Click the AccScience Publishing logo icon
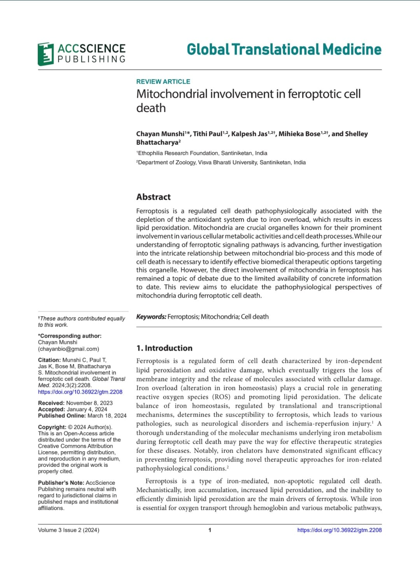(x=45, y=54)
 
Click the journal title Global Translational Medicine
(x=284, y=49)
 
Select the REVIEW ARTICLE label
(x=163, y=82)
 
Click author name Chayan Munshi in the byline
(x=160, y=134)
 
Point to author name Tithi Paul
(x=208, y=134)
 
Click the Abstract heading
(x=153, y=197)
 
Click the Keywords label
(x=151, y=317)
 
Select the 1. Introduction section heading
(x=164, y=348)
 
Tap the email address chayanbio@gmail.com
(x=68, y=349)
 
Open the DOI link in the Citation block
(x=80, y=392)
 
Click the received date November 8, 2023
(x=89, y=403)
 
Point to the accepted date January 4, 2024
(x=87, y=409)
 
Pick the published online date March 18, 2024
(x=107, y=416)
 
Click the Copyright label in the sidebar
(x=52, y=427)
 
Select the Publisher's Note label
(x=61, y=483)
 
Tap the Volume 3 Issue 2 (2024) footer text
(x=68, y=530)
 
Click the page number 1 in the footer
(x=210, y=530)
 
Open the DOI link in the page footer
(x=339, y=530)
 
